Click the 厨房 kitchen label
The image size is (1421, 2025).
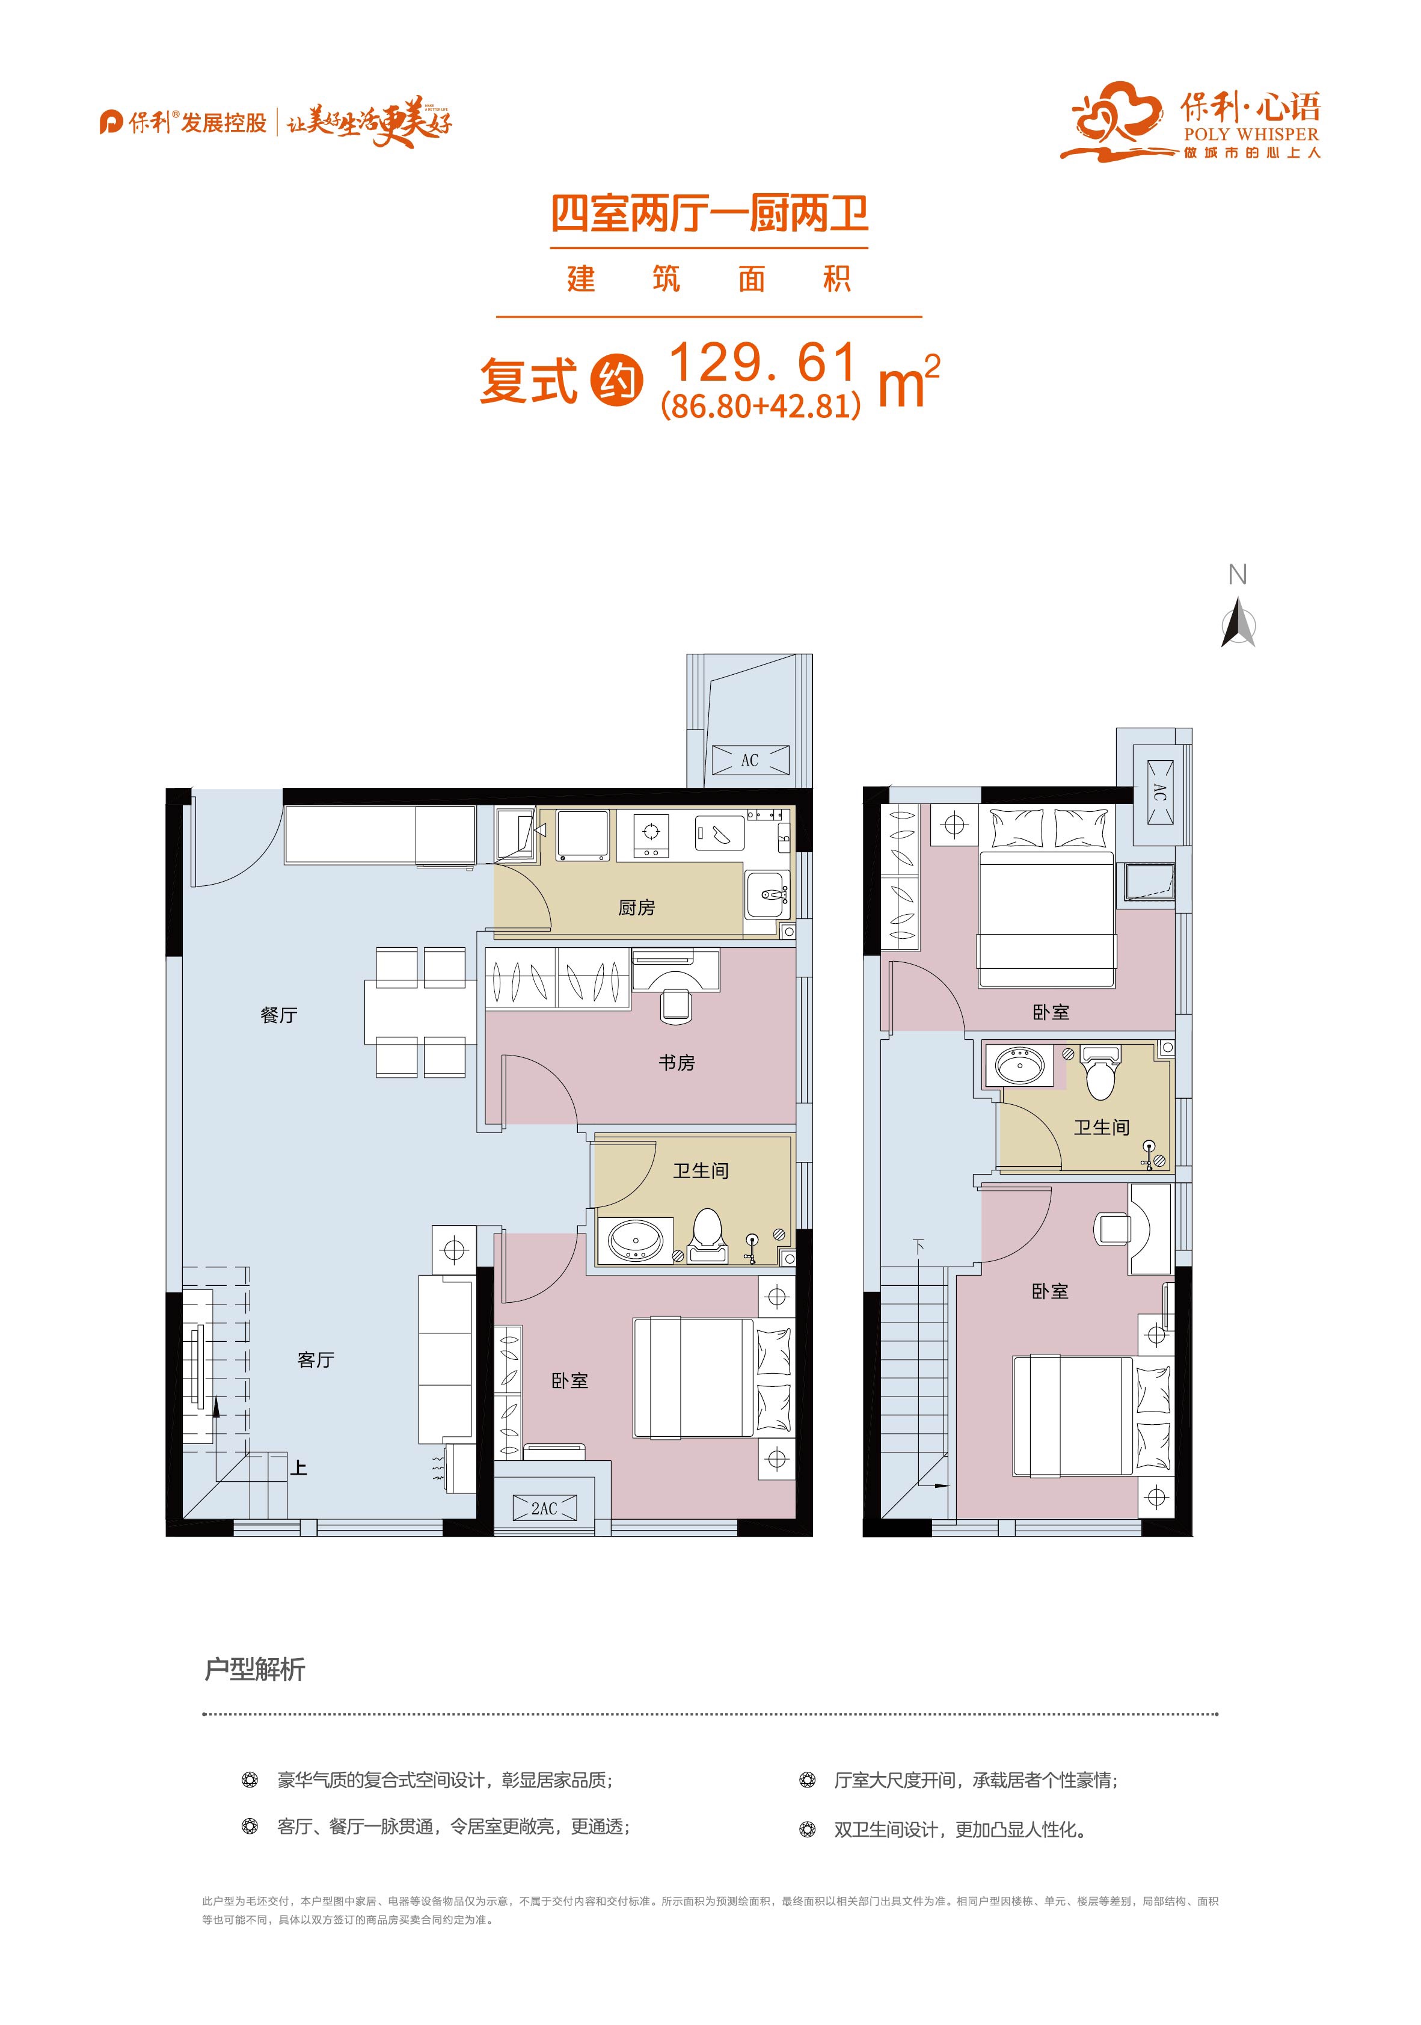(636, 908)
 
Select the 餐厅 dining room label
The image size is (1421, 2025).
(279, 1015)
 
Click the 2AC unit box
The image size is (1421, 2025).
(544, 1508)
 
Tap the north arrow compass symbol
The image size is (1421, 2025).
(1238, 622)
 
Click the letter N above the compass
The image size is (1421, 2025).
(1238, 574)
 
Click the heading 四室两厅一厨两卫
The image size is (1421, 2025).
(710, 214)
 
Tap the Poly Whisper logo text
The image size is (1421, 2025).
(1251, 135)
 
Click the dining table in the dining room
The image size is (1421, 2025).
(416, 1013)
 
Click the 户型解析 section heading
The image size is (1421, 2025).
(255, 1669)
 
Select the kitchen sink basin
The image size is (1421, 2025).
(765, 894)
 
